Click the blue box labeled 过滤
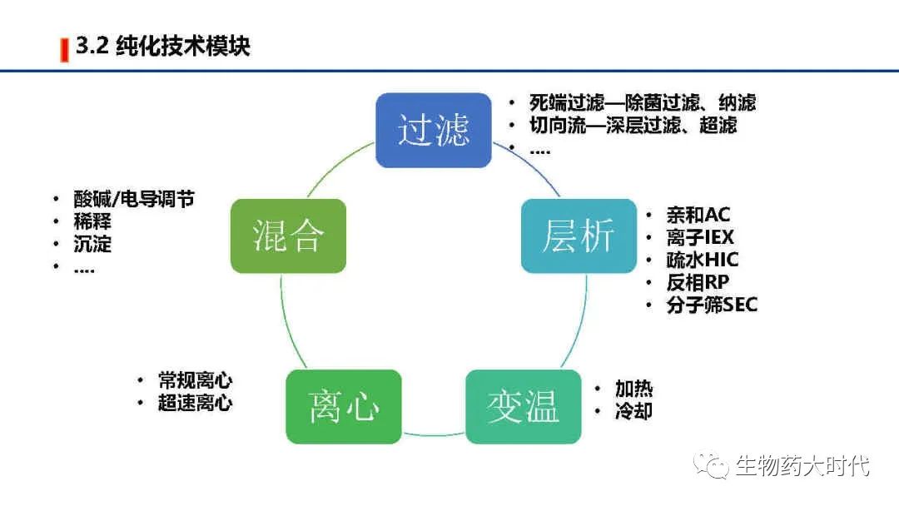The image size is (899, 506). tap(433, 130)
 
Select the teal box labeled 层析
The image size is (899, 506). tap(579, 236)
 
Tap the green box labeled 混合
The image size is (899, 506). tap(288, 236)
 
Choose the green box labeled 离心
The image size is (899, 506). tap(344, 406)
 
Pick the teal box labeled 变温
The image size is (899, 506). tap(523, 406)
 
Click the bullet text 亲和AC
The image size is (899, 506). tap(698, 215)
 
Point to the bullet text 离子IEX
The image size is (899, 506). tap(700, 237)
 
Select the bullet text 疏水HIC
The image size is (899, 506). tap(702, 260)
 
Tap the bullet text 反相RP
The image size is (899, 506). tap(698, 282)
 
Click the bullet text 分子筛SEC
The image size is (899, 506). tap(712, 305)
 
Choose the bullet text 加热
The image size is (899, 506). tap(633, 389)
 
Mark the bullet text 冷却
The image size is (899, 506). tap(633, 411)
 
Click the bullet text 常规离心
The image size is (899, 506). tap(195, 381)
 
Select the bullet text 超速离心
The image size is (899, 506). tap(195, 404)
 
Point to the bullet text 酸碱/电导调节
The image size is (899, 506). tap(134, 199)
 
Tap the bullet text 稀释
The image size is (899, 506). tap(92, 222)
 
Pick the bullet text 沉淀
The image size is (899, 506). tap(92, 245)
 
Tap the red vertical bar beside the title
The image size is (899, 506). tap(64, 49)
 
